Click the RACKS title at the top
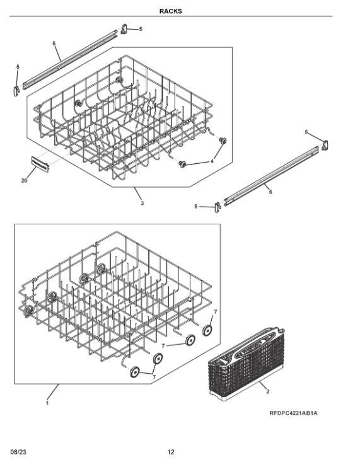pyautogui.click(x=170, y=11)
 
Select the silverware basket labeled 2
pyautogui.click(x=246, y=364)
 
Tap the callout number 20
pyautogui.click(x=24, y=180)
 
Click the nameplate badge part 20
pyautogui.click(x=40, y=164)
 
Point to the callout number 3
pyautogui.click(x=142, y=203)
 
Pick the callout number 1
pyautogui.click(x=47, y=403)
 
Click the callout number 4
pyautogui.click(x=212, y=161)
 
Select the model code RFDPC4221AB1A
pyautogui.click(x=293, y=413)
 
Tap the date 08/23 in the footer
pyautogui.click(x=18, y=452)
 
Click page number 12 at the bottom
pyautogui.click(x=170, y=452)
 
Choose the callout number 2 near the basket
pyautogui.click(x=267, y=391)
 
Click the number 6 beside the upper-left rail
pyautogui.click(x=54, y=43)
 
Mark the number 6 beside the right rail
pyautogui.click(x=270, y=192)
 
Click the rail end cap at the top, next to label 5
pyautogui.click(x=124, y=29)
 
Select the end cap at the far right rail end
pyautogui.click(x=325, y=146)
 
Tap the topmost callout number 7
pyautogui.click(x=216, y=311)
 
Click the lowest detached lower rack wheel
pyautogui.click(x=135, y=372)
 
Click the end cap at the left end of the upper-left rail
pyautogui.click(x=16, y=91)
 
